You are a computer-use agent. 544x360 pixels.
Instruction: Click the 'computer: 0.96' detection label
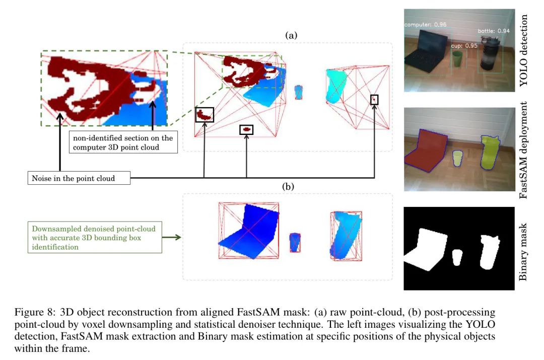pos(425,25)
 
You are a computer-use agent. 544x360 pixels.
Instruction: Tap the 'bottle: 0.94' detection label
pos(494,31)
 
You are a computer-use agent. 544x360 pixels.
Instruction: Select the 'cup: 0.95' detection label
pos(464,46)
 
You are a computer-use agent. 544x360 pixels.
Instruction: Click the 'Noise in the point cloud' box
pos(79,178)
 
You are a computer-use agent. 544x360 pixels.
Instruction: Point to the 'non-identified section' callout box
pos(123,142)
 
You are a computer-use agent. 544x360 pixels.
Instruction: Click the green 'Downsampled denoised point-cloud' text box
pos(95,237)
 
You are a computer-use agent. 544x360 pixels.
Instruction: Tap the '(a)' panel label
pos(291,35)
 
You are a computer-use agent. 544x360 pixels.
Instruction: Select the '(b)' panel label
pos(288,187)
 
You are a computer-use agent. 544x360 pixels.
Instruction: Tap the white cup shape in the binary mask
pos(457,257)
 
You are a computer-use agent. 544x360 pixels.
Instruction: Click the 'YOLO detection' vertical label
pos(523,51)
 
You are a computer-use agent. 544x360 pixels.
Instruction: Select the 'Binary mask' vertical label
pos(523,252)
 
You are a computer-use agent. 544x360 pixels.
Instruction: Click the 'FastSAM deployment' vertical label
pos(523,150)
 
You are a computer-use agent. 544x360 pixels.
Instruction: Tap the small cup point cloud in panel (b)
pos(295,242)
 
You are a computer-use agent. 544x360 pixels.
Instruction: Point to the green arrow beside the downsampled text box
pos(172,237)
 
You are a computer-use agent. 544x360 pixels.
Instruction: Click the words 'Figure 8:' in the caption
pos(35,312)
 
